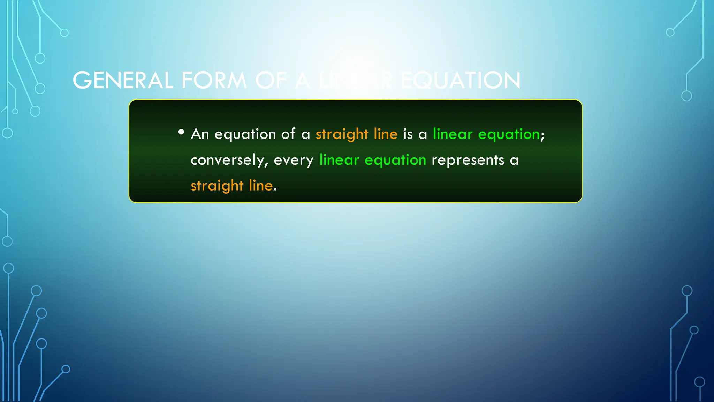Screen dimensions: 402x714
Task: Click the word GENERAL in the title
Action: tap(123, 80)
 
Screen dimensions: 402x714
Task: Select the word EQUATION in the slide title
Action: tap(461, 80)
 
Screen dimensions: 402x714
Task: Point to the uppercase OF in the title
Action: tap(271, 80)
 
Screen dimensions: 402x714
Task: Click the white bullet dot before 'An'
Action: tap(181, 132)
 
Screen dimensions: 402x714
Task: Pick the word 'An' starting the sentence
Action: tap(200, 134)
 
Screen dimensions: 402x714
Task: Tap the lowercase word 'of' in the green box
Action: tap(288, 134)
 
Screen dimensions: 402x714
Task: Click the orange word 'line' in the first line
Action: tap(385, 134)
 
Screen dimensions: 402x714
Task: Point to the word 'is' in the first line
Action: tap(408, 134)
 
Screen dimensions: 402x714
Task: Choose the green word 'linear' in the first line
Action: tap(453, 134)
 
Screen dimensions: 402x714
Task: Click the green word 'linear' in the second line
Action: tap(339, 160)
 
